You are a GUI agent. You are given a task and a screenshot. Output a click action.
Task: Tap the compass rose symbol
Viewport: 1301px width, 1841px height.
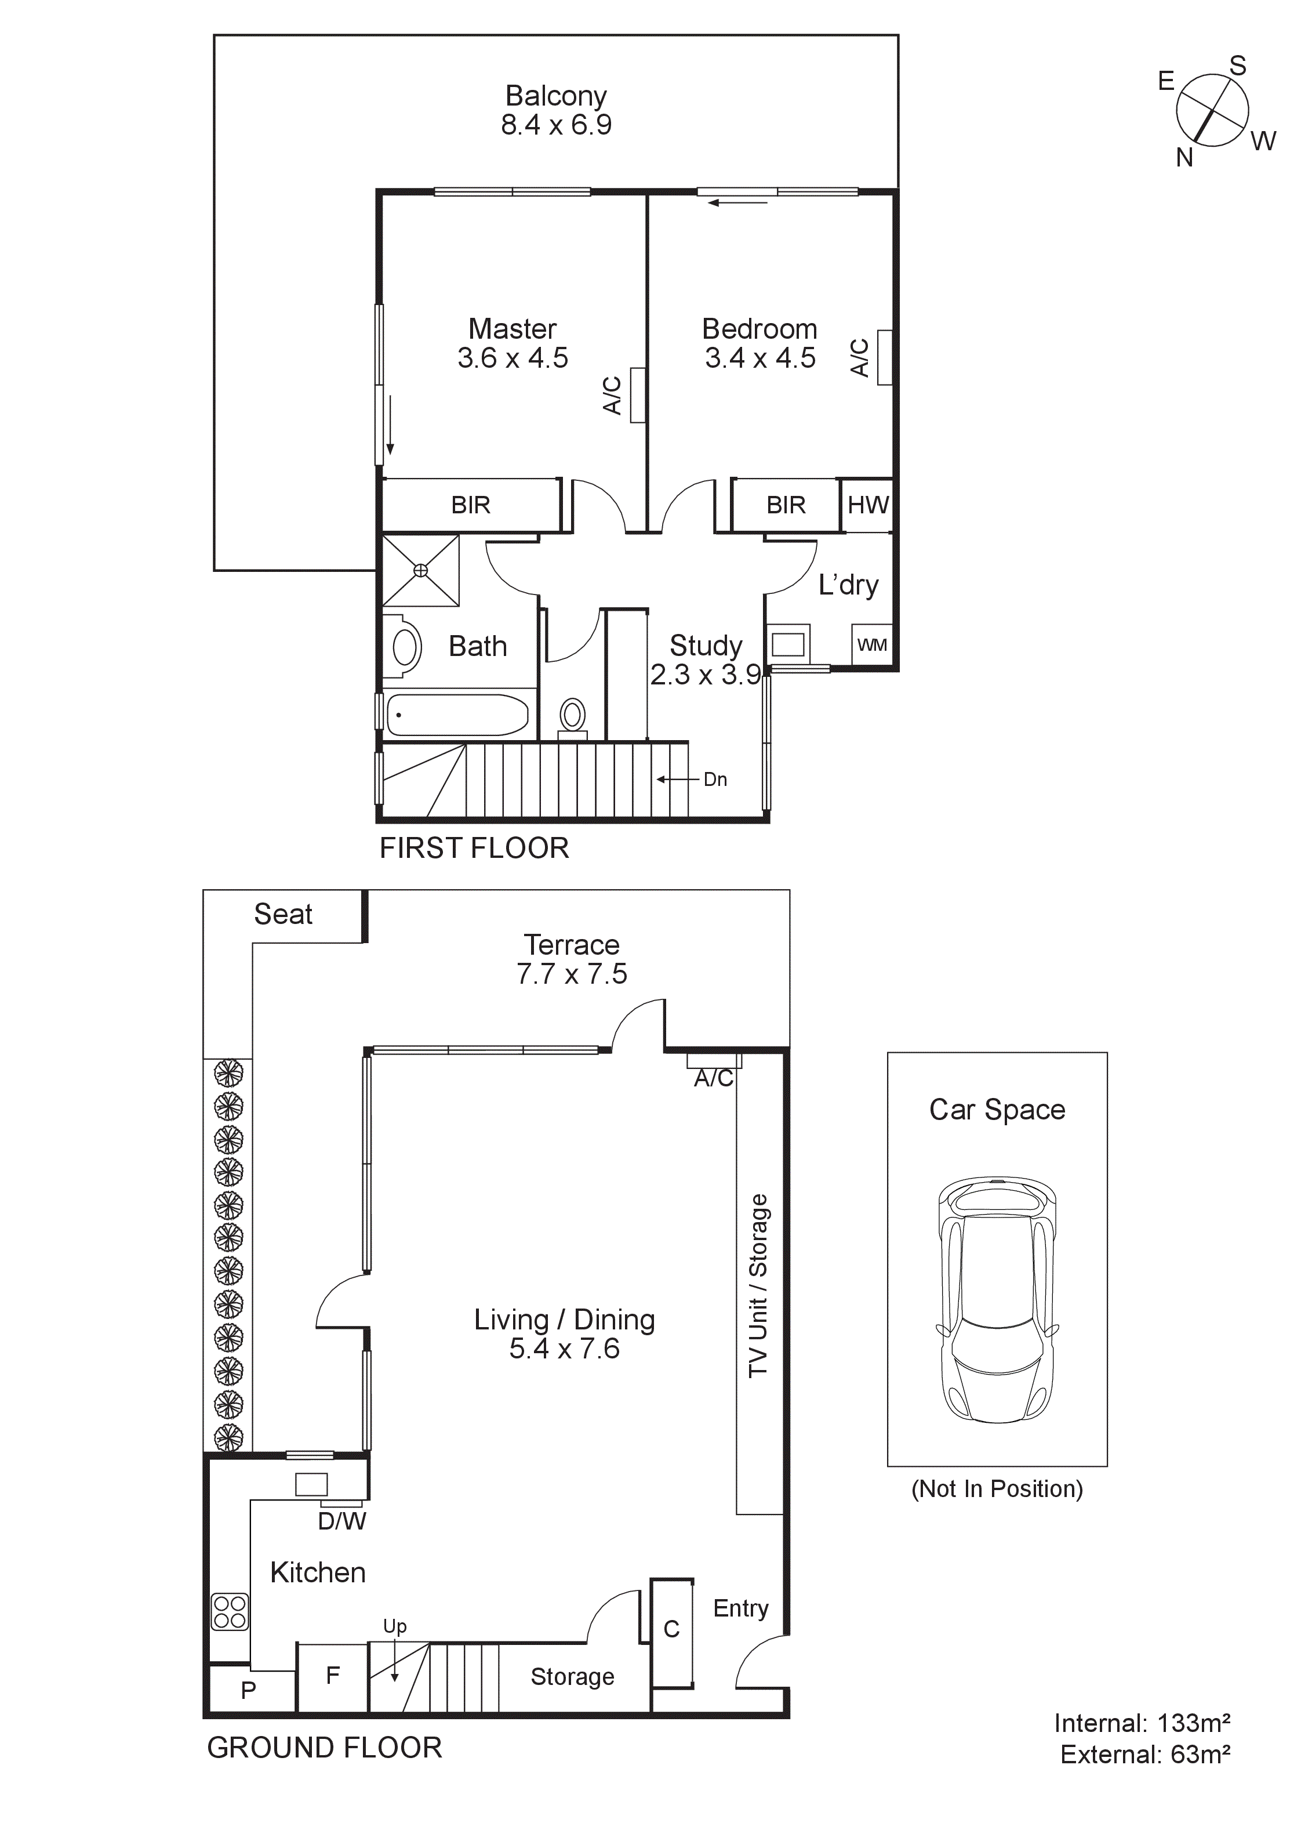click(x=1212, y=111)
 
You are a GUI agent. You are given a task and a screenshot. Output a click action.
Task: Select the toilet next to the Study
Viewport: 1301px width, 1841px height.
click(x=572, y=716)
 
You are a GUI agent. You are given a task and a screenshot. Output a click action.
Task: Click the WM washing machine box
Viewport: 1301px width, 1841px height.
click(x=871, y=644)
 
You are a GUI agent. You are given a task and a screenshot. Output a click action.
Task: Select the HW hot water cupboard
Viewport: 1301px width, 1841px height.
click(x=867, y=505)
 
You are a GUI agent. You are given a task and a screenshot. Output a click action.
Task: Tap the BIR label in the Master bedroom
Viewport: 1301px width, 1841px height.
click(x=471, y=505)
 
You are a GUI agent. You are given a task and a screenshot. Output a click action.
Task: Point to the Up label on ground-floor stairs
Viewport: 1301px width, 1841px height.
click(x=394, y=1626)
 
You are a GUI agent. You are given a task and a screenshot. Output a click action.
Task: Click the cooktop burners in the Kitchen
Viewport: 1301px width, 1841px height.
click(x=230, y=1612)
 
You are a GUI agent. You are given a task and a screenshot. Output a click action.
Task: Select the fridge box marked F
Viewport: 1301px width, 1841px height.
click(x=333, y=1676)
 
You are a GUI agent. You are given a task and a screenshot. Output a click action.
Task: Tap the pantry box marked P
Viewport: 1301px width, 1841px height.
click(x=249, y=1690)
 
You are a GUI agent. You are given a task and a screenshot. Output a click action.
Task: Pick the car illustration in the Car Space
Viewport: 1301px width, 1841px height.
click(x=997, y=1299)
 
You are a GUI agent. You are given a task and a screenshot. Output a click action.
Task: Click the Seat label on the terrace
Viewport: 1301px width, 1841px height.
click(x=283, y=914)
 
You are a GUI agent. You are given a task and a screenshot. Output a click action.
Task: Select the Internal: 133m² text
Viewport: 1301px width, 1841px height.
click(x=1142, y=1723)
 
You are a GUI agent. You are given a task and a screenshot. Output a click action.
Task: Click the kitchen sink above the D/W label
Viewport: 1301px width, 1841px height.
click(x=311, y=1484)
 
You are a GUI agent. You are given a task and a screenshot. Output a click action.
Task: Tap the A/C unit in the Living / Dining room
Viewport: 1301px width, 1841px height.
click(x=714, y=1061)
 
